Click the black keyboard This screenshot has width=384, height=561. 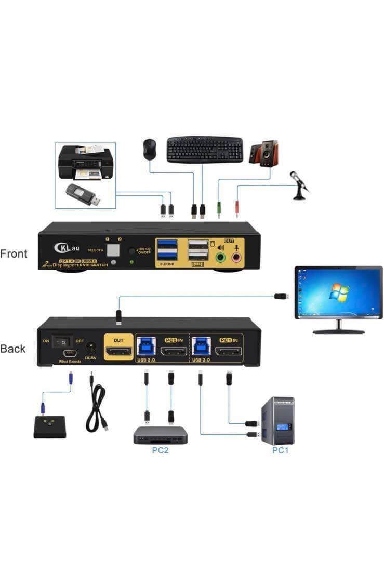point(205,150)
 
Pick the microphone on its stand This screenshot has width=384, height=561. point(299,185)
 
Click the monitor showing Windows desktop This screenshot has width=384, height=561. point(338,296)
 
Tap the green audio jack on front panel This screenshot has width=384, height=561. point(221,258)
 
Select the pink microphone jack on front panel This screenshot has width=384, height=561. point(237,258)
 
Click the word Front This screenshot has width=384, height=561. point(14,254)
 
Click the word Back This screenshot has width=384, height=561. point(13,349)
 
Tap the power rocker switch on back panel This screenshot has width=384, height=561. point(62,342)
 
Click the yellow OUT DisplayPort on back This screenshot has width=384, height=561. point(119,352)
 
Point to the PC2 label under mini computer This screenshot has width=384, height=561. point(160,450)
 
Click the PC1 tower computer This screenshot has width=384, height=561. point(276,420)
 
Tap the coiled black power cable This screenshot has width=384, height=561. point(97,410)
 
